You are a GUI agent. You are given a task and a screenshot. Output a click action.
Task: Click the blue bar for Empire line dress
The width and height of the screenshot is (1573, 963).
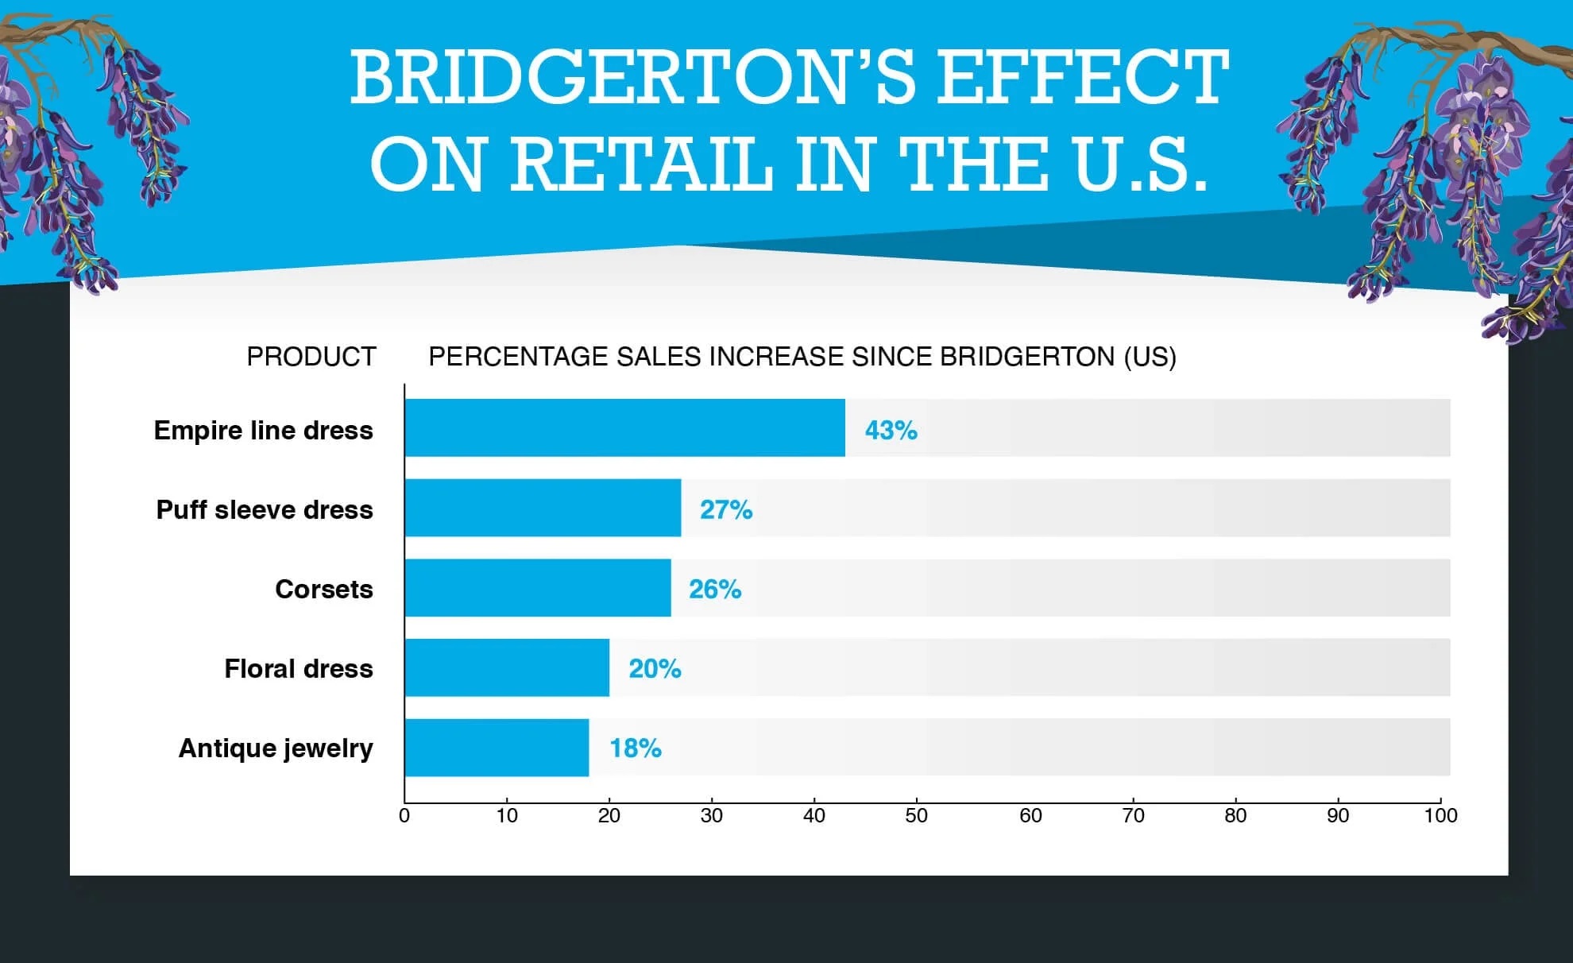624,428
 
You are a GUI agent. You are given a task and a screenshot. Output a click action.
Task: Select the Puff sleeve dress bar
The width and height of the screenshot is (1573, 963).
543,508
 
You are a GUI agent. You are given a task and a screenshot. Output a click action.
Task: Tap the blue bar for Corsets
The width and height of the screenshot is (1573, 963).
538,588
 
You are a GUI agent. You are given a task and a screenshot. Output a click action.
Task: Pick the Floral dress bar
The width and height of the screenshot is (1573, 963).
507,667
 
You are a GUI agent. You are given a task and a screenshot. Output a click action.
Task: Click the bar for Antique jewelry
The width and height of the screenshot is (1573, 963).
497,748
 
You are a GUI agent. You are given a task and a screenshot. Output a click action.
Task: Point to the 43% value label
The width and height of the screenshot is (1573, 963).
891,431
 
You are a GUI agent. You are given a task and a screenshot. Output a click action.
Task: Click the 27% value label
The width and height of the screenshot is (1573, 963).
725,510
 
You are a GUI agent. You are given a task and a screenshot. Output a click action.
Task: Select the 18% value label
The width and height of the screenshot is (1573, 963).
635,748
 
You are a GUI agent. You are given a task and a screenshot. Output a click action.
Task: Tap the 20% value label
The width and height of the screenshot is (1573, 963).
655,669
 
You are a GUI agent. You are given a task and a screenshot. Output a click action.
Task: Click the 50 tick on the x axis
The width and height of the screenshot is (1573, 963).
916,816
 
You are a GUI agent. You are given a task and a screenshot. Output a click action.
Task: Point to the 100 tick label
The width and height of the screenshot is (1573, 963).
1440,816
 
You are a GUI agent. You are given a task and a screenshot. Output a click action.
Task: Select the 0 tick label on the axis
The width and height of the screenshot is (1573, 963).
404,816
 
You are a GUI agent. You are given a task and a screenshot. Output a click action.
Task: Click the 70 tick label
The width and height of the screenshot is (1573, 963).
1133,816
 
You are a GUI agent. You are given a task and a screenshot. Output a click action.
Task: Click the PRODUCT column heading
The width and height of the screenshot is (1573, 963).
311,357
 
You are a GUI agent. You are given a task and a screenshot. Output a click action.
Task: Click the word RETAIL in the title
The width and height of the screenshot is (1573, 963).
640,164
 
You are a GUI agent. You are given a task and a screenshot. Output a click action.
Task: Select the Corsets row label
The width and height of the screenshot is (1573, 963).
323,590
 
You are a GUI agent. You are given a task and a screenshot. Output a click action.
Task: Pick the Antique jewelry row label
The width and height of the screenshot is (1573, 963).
275,748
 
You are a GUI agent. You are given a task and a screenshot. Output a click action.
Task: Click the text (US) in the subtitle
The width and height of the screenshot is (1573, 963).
1149,357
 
